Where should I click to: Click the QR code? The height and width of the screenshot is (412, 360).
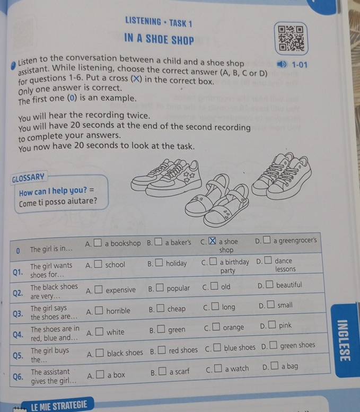(291, 38)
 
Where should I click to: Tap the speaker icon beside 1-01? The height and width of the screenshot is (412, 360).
(282, 64)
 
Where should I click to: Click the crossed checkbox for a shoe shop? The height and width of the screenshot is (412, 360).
(212, 241)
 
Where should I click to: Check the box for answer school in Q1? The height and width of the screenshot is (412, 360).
(98, 264)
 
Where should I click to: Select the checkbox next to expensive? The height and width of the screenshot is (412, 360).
(99, 290)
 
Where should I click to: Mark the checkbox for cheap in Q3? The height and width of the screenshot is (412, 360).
(160, 308)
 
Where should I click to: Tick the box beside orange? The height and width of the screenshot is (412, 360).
(216, 327)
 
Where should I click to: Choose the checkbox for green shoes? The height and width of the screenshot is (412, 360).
(273, 345)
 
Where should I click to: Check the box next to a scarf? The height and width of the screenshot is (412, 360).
(162, 371)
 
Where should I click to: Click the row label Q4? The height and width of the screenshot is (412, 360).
(18, 335)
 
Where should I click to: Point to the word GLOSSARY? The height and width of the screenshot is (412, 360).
(28, 178)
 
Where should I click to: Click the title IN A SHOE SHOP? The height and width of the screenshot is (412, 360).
(159, 39)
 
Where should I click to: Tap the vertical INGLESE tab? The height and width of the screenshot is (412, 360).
(344, 340)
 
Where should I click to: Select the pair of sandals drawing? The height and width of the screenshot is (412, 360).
(217, 200)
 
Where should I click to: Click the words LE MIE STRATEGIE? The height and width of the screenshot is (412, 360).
(59, 405)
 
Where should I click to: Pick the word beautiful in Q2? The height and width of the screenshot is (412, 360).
(289, 285)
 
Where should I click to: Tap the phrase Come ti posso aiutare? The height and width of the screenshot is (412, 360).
(58, 201)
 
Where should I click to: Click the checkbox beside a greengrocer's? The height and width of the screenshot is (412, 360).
(267, 240)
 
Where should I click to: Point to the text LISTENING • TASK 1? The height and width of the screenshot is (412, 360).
(159, 22)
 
